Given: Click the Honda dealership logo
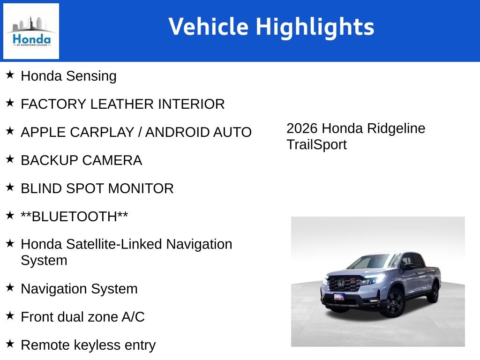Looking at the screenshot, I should [x=31, y=31].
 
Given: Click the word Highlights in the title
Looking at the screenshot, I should [x=315, y=27].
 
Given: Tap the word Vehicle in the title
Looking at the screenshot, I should [x=208, y=27].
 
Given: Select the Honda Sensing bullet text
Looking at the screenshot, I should [x=68, y=76].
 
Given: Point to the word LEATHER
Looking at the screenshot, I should [x=122, y=104].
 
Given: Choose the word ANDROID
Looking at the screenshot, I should [x=176, y=132].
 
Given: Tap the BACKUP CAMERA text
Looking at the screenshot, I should [x=81, y=160].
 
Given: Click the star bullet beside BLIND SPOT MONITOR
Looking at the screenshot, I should [x=10, y=187].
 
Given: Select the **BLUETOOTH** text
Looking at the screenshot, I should [x=74, y=217].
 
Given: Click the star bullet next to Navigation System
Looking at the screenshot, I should [x=10, y=287].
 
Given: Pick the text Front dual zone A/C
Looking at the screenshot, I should [x=82, y=317].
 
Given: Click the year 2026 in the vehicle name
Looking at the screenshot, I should [x=302, y=128].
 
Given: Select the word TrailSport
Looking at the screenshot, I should [x=316, y=144].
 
